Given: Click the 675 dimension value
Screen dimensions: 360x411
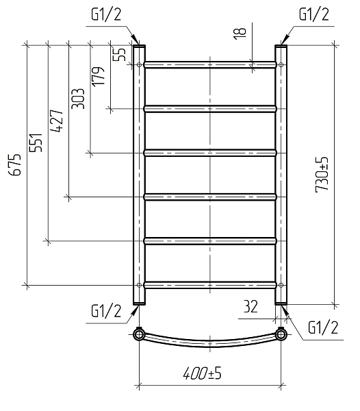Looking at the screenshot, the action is [x=14, y=164].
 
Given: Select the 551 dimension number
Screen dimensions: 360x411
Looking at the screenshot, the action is [x=36, y=142].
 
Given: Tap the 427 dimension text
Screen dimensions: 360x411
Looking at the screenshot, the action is [x=57, y=121].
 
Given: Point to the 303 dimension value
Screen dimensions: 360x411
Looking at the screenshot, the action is [x=78, y=99].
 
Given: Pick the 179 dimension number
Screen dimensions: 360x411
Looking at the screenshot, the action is [x=98, y=76].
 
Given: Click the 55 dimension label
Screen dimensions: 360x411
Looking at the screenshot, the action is [x=119, y=55].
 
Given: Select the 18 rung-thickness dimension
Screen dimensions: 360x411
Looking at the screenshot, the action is [x=240, y=34].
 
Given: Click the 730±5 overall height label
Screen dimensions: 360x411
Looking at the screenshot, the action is [x=322, y=175].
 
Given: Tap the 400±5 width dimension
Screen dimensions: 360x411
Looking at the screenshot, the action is [x=202, y=373].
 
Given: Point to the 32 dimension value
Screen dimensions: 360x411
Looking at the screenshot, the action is [x=250, y=306].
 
